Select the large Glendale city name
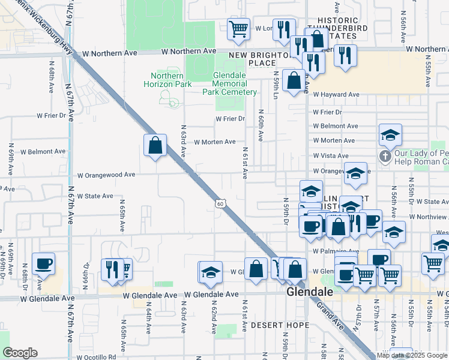coord(310,292)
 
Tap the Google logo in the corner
coord(20,353)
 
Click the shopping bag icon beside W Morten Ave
coord(155,145)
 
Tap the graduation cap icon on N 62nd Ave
coord(211,272)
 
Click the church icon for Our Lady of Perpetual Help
coord(385,157)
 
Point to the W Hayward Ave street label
coord(336,94)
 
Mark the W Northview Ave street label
coord(428,217)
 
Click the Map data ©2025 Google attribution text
coord(412,355)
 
